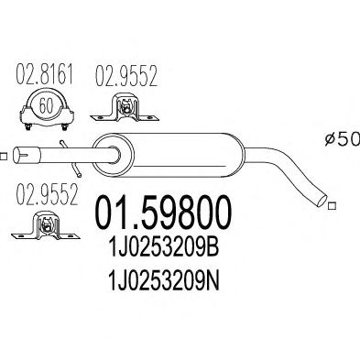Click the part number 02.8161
44,74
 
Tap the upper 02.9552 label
126,76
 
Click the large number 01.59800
164,213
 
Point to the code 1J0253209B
164,248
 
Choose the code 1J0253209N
164,281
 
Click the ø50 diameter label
343,139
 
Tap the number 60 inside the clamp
47,105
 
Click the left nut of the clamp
27,127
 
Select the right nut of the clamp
64,127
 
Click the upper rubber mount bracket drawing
125,110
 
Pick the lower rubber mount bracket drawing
46,225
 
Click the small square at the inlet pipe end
3,156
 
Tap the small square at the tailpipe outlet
332,206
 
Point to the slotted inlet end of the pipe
27,155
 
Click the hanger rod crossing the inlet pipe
71,158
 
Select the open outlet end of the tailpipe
322,198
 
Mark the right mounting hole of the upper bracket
150,117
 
